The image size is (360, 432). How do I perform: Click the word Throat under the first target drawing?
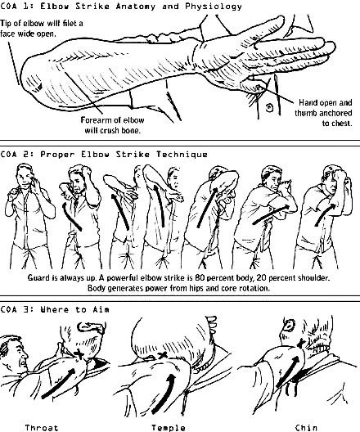tap(42, 428)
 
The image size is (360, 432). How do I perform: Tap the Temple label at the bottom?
tap(169, 428)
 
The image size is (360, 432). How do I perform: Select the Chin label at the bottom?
tap(306, 428)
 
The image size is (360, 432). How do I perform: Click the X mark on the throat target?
tap(79, 353)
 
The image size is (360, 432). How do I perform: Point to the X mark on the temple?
tap(163, 355)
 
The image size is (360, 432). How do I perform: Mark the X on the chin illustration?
tap(301, 343)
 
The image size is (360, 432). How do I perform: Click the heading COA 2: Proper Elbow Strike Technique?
tap(104, 154)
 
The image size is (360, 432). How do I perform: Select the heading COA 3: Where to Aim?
tap(55, 309)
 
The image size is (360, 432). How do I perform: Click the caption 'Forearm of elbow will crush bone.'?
tap(113, 125)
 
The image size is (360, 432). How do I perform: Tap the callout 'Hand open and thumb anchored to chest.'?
tap(324, 113)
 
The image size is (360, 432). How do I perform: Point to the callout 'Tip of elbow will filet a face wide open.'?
tap(41, 28)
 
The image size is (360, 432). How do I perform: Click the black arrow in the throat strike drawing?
tap(58, 384)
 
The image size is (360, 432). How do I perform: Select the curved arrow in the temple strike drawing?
tap(164, 394)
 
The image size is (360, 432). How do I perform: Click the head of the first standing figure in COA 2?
tap(25, 177)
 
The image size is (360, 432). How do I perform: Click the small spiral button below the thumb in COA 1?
tap(269, 107)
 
